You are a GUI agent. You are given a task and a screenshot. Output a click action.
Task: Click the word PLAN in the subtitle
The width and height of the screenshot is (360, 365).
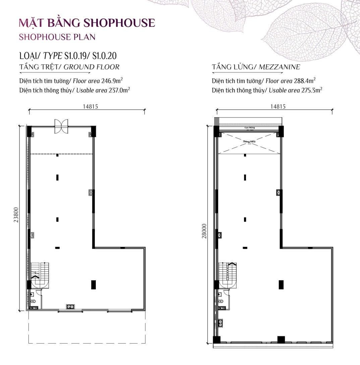coord(84,36)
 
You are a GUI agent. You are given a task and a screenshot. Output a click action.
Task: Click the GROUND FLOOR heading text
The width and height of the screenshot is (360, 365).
coord(92,67)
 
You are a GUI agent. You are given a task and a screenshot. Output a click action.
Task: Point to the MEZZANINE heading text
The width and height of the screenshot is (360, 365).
coord(279,67)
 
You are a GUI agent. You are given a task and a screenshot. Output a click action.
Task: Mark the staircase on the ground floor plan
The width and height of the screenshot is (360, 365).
coord(40,271)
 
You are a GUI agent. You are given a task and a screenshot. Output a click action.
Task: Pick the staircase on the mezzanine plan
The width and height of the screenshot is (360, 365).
coord(228,271)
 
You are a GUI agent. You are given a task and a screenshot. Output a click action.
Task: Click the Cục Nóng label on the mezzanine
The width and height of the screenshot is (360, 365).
coord(249,128)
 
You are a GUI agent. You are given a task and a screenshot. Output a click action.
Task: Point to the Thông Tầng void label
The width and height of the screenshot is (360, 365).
coord(249,142)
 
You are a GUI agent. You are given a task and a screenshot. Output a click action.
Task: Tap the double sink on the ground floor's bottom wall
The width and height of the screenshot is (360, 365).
coord(70,306)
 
